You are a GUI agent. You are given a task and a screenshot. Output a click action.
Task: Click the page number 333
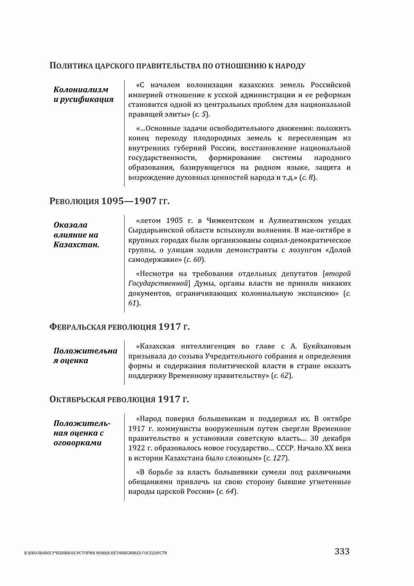pyautogui.click(x=342, y=551)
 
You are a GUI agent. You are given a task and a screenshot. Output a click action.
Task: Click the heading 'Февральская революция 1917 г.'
pyautogui.click(x=119, y=327)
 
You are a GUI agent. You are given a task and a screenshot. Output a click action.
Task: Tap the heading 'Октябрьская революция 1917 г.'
pyautogui.click(x=119, y=399)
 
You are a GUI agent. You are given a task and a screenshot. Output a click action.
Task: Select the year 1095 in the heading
pyautogui.click(x=112, y=201)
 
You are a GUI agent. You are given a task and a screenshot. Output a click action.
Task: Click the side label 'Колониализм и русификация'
pyautogui.click(x=84, y=95)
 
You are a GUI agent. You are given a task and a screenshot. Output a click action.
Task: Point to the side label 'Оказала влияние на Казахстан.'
pyautogui.click(x=77, y=235)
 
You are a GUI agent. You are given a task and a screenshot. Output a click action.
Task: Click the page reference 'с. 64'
pyautogui.click(x=227, y=491)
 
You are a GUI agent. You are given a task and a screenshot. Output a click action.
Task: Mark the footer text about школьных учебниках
pyautogui.click(x=96, y=553)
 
